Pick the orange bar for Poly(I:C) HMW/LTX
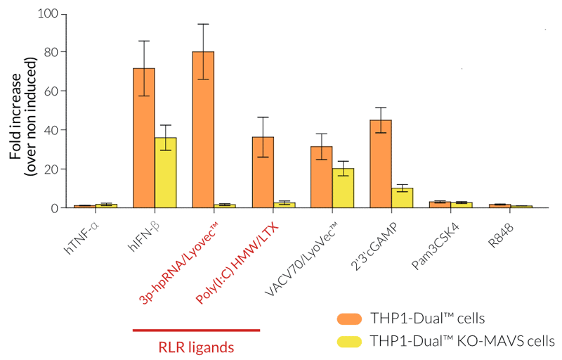click(x=263, y=172)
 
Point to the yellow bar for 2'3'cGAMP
click(x=403, y=198)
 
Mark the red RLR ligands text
click(x=195, y=346)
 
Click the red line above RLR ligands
click(x=195, y=329)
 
